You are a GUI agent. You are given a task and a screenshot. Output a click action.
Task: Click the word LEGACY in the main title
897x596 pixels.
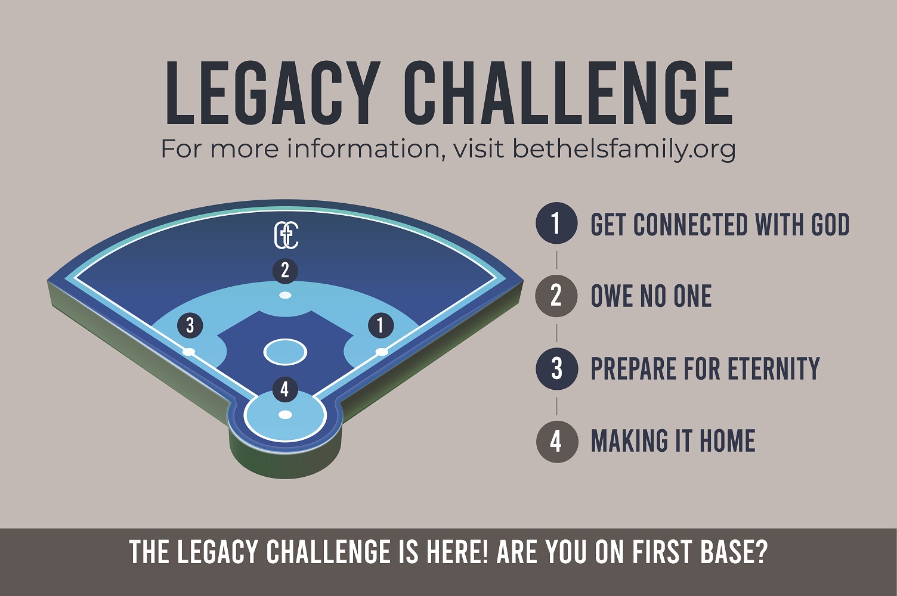pyautogui.click(x=273, y=93)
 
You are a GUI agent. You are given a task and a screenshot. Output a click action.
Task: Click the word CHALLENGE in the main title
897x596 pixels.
pyautogui.click(x=568, y=93)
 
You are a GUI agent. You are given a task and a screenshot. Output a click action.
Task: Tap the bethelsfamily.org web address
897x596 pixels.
pyautogui.click(x=624, y=150)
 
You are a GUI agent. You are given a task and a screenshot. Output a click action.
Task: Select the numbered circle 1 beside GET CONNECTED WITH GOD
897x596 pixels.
pyautogui.click(x=556, y=223)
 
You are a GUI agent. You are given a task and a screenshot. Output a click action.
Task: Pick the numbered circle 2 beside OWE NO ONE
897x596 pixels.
pyautogui.click(x=556, y=296)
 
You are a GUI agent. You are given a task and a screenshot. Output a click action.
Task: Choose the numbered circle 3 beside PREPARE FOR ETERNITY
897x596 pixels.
pyautogui.click(x=556, y=369)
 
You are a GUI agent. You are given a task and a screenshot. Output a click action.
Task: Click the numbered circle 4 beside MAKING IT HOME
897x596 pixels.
pyautogui.click(x=556, y=442)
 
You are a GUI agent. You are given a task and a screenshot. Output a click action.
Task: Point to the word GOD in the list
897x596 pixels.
pyautogui.click(x=830, y=224)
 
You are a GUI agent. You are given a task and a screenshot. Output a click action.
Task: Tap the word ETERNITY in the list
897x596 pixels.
pyautogui.click(x=774, y=368)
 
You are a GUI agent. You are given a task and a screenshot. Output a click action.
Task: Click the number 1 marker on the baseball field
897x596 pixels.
pyautogui.click(x=381, y=325)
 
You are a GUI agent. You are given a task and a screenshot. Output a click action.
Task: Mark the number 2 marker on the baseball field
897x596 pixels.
pyautogui.click(x=285, y=271)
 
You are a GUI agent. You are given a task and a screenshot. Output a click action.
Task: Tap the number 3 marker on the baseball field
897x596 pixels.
pyautogui.click(x=190, y=325)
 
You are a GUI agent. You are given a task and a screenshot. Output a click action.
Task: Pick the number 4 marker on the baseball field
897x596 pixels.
pyautogui.click(x=285, y=389)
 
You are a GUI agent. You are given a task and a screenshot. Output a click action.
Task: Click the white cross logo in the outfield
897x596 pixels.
pyautogui.click(x=286, y=236)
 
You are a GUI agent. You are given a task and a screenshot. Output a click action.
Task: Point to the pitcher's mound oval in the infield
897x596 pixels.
pyautogui.click(x=285, y=352)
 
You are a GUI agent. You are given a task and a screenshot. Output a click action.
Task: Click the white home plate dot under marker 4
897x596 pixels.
pyautogui.click(x=285, y=415)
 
